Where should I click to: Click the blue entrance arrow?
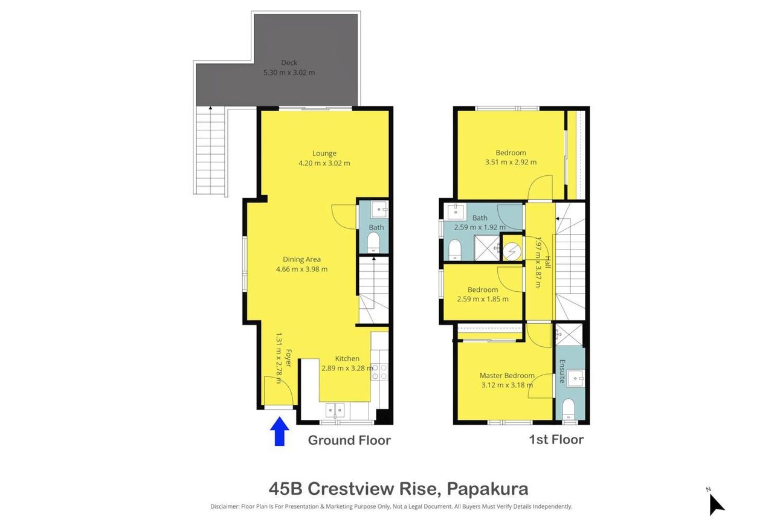[279, 431]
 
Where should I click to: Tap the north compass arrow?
[717, 504]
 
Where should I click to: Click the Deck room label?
[289, 63]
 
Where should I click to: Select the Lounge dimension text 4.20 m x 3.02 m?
[324, 163]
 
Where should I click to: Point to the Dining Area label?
[301, 259]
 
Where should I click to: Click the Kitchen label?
[347, 358]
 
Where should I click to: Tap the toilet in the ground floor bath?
[373, 242]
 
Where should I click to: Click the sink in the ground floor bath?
[379, 210]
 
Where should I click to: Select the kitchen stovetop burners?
[379, 372]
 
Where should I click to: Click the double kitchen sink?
[335, 410]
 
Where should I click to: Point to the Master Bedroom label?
[507, 376]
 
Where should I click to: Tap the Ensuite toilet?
[569, 409]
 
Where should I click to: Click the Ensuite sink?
[576, 379]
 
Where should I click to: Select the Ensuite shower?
[569, 335]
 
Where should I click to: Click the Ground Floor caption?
[349, 440]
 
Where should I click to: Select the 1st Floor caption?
[556, 439]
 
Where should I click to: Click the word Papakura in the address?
[488, 489]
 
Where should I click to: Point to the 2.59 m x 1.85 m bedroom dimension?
[483, 299]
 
